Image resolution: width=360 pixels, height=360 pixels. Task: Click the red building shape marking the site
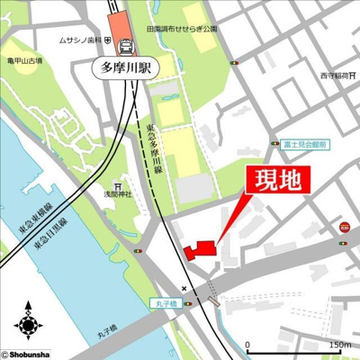(200, 248)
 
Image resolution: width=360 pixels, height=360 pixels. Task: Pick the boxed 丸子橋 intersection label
(166, 302)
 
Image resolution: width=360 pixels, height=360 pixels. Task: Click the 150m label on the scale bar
(339, 345)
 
